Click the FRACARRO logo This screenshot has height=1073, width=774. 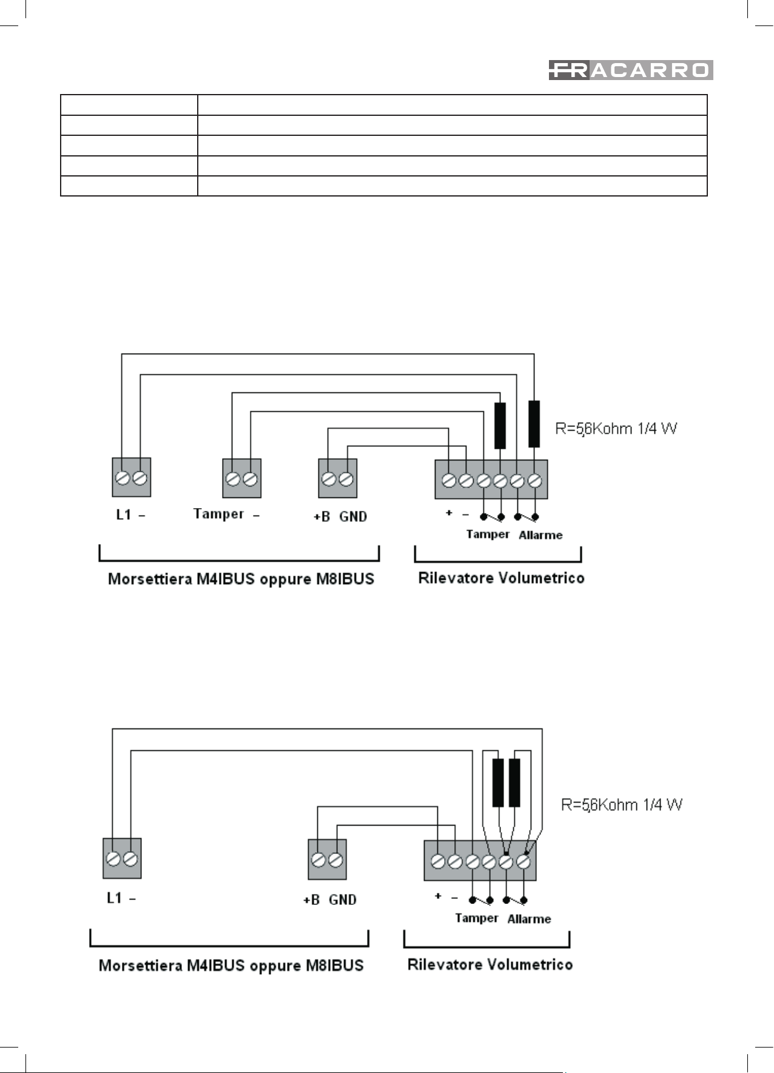[631, 70]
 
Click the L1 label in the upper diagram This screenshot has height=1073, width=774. [130, 514]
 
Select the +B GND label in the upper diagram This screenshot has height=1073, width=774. [340, 517]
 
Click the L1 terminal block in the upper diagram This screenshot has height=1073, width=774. [132, 477]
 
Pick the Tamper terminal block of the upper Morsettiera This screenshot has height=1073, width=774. [242, 478]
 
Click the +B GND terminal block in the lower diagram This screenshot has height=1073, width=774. [328, 859]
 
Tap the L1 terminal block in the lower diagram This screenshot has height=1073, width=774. [122, 858]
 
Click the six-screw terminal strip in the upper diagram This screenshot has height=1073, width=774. [491, 480]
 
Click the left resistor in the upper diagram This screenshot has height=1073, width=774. [500, 426]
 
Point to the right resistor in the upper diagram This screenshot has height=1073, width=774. [534, 423]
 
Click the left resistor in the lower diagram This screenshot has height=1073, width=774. [498, 782]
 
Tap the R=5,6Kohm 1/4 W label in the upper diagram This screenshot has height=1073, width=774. [616, 429]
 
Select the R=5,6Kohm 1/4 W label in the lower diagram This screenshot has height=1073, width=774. [622, 805]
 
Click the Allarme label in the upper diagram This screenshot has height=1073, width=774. [540, 535]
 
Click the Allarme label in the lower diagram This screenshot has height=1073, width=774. [530, 919]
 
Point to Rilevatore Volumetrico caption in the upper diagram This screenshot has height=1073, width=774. [501, 577]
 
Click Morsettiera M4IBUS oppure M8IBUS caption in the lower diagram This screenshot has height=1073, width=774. [231, 965]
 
